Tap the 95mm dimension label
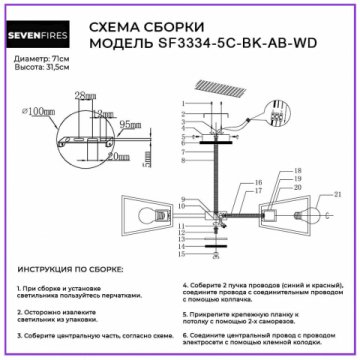[127, 126]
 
